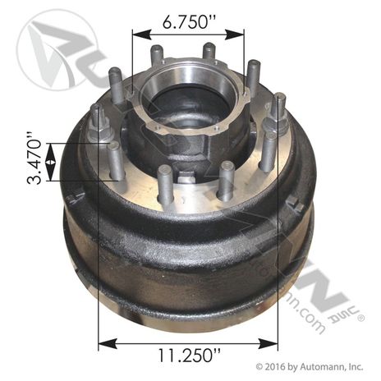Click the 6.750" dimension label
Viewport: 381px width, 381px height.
[x=187, y=22]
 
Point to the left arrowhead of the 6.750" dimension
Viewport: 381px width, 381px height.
[x=136, y=35]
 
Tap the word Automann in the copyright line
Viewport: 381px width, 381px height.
[x=323, y=366]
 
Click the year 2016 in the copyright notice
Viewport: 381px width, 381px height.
[x=275, y=366]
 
